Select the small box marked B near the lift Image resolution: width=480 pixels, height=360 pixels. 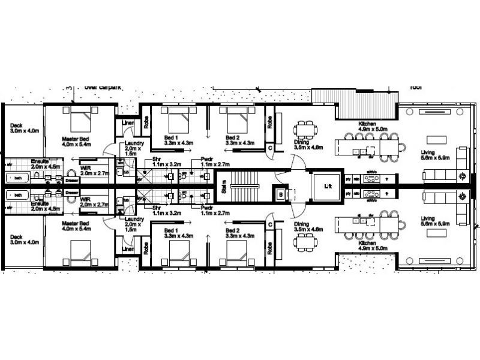pyautogui.click(x=281, y=194)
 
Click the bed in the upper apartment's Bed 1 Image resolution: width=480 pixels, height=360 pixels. pyautogui.click(x=176, y=122)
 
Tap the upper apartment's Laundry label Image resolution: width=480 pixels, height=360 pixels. pyautogui.click(x=133, y=145)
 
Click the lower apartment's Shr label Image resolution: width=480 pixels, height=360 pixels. pyautogui.click(x=158, y=208)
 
